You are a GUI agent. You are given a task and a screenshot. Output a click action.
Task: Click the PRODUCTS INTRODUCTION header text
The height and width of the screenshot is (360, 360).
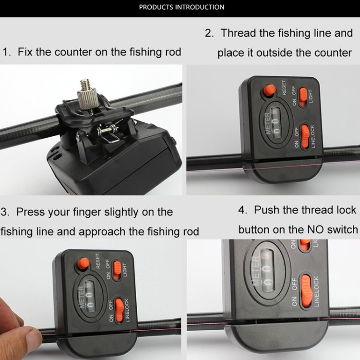[x=181, y=7]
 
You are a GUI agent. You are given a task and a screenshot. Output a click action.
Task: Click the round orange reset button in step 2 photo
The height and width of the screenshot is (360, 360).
[x=270, y=89]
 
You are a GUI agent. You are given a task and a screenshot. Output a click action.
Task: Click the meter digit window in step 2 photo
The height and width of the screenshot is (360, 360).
[x=275, y=121]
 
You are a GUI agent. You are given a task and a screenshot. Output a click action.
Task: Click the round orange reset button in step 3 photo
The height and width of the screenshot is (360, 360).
[x=84, y=263]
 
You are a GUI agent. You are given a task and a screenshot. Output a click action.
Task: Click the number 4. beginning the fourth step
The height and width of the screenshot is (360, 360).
[x=243, y=210]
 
